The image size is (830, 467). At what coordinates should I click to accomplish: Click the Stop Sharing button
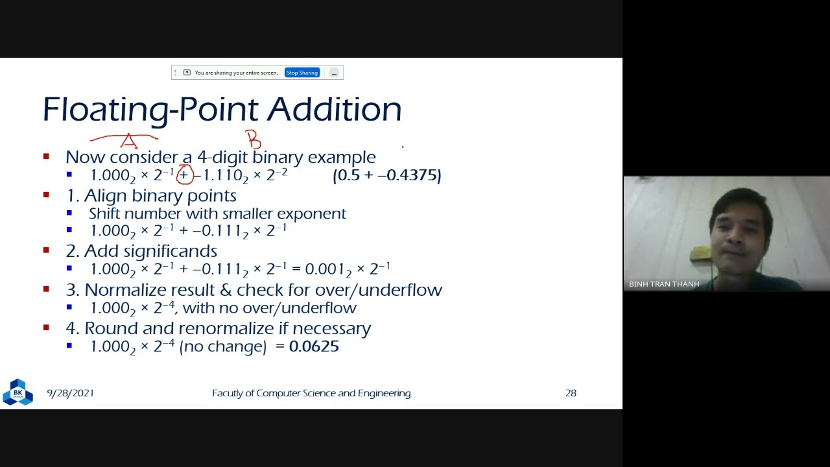302,73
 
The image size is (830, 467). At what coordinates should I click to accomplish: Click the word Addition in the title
334,109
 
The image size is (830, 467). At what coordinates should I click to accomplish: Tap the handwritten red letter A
128,140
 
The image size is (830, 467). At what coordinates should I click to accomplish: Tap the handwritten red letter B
253,139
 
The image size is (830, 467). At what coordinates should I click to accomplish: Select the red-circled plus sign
184,175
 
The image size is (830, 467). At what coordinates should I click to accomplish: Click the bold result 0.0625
314,346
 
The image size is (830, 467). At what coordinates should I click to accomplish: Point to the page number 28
571,393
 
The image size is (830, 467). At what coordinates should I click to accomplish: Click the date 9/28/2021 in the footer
70,393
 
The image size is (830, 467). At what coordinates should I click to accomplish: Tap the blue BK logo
18,392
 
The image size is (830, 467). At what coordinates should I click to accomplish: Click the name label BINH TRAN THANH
664,284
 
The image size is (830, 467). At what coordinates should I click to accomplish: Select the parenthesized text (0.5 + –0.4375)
386,175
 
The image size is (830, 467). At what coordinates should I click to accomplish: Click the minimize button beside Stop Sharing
334,73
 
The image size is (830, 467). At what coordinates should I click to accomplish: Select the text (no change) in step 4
222,346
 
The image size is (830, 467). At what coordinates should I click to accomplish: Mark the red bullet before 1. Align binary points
46,195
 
